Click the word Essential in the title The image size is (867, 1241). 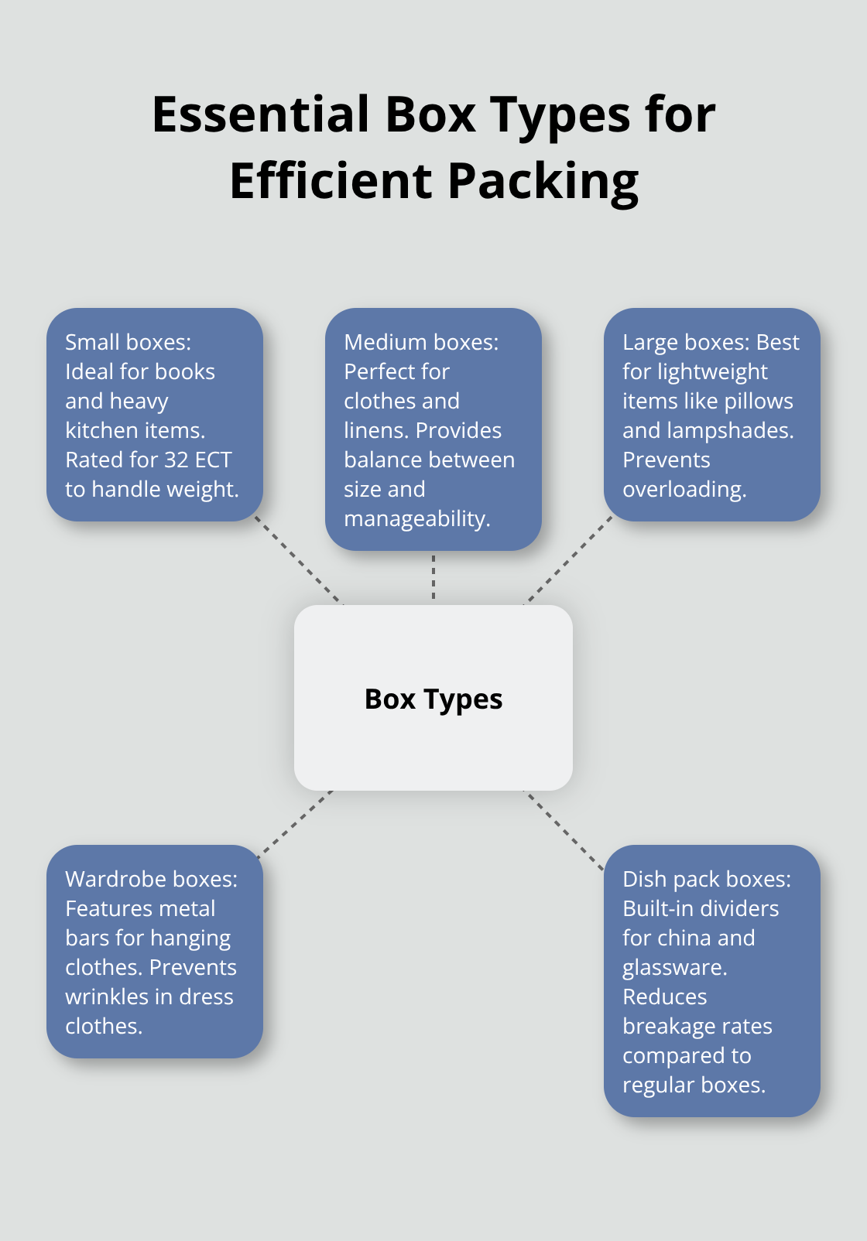coord(261,115)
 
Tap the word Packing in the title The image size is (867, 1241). coord(543,181)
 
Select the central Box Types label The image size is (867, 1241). coord(433,699)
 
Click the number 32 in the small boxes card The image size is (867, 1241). coord(176,460)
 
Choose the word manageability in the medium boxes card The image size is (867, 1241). coord(416,518)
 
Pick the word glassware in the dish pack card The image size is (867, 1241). coord(673,967)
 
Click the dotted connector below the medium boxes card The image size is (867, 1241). coord(433,577)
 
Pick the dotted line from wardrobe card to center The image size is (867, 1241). coord(295,823)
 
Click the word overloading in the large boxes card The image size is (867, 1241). coord(684,489)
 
